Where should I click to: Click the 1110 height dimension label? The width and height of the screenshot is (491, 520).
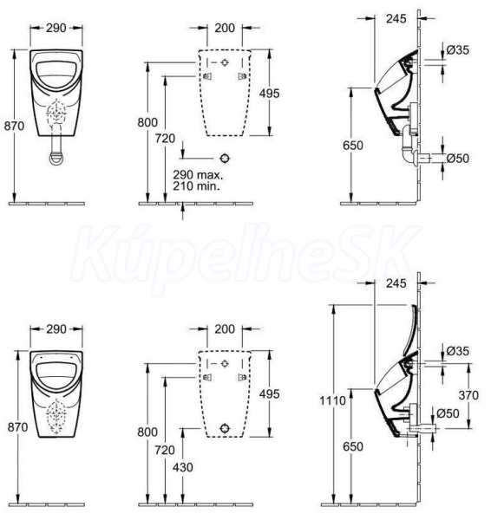332,400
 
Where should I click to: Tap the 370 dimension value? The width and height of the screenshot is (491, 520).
468,395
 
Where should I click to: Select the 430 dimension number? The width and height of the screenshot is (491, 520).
182,467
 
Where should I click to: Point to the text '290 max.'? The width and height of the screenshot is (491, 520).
198,174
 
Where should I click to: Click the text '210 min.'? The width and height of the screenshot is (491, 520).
196,186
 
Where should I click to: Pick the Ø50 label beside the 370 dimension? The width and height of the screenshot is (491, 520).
448,413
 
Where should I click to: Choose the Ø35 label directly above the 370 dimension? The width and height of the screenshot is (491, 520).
457,351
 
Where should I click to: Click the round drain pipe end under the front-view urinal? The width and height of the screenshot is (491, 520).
56,159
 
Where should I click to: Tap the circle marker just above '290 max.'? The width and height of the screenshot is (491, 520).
225,159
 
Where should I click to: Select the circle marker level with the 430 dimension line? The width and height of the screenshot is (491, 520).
225,428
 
